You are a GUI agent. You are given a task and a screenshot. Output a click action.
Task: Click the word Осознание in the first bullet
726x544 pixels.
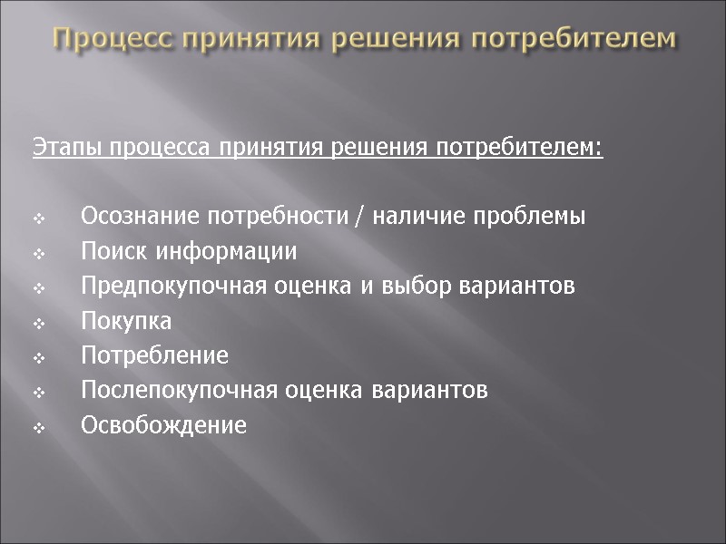[x=135, y=217]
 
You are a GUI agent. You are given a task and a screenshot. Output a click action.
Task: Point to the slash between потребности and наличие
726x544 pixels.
[x=363, y=218]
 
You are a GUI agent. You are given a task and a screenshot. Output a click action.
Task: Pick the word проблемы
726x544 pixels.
[x=535, y=217]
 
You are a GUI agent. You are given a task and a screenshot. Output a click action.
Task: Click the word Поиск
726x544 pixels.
[x=111, y=251]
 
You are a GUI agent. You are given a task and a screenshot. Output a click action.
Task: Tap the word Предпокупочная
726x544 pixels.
[x=172, y=287]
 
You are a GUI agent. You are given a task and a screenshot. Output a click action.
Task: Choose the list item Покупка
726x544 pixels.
[x=126, y=321]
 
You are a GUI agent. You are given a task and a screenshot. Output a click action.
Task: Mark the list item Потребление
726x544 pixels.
[x=154, y=355]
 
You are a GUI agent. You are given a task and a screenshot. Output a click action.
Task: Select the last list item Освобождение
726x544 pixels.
[x=163, y=425]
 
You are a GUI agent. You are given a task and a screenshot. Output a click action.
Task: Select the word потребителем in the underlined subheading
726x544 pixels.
[x=544, y=147]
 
